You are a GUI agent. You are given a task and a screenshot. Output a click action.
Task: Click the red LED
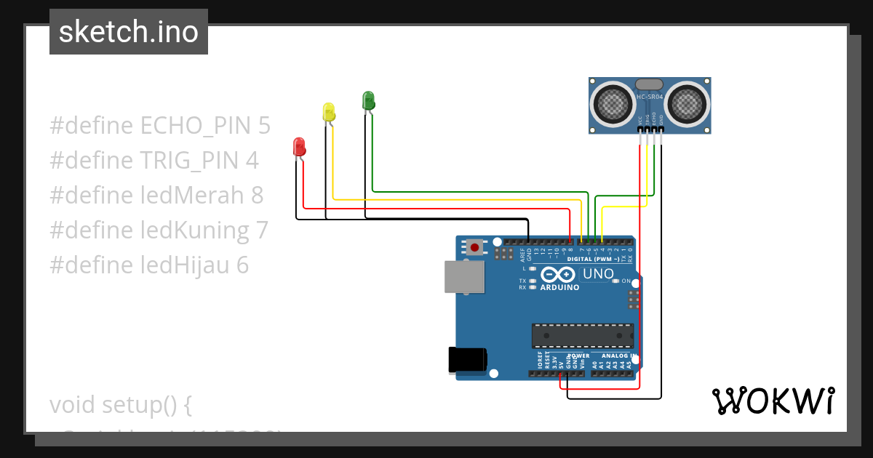pos(298,146)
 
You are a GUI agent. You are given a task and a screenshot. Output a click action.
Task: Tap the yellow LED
pos(329,112)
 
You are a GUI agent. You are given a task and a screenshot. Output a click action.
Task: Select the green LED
pos(368,100)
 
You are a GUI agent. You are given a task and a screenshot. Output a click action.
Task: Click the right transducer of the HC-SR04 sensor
pos(687,103)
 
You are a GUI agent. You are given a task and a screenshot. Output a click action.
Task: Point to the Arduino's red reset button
pos(475,247)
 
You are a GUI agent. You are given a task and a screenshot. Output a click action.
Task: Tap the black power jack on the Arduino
pos(467,360)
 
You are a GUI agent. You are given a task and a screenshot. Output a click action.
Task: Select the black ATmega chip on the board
pos(582,335)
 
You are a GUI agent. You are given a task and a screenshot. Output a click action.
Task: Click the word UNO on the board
pos(599,275)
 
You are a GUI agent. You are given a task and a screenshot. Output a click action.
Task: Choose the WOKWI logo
pos(773,401)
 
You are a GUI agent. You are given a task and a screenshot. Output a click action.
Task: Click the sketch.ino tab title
pos(129,32)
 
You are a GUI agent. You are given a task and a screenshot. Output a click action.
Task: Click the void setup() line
pos(120,404)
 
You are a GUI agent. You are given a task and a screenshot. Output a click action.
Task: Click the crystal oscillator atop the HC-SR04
pos(650,85)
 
